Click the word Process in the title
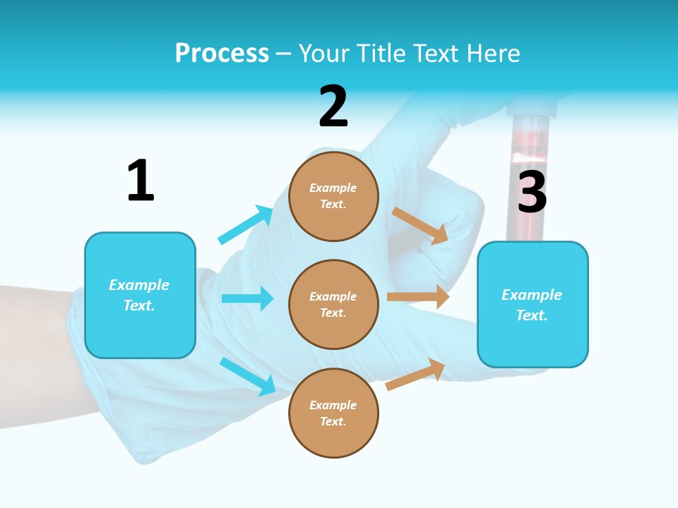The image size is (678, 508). coord(222,54)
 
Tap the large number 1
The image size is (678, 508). coord(140,181)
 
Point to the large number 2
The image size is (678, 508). coord(333,107)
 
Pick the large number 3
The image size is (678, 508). coord(532,192)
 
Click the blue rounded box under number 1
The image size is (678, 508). coord(140,295)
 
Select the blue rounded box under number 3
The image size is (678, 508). coord(533,304)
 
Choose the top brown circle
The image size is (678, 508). coord(333,196)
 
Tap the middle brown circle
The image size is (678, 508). coord(333,304)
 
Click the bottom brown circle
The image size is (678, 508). coord(333,413)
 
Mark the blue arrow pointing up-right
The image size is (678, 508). coord(245,225)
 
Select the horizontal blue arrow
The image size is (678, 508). coord(247,298)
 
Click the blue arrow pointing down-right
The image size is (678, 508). coord(247,376)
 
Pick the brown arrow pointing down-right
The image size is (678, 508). coord(420,226)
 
